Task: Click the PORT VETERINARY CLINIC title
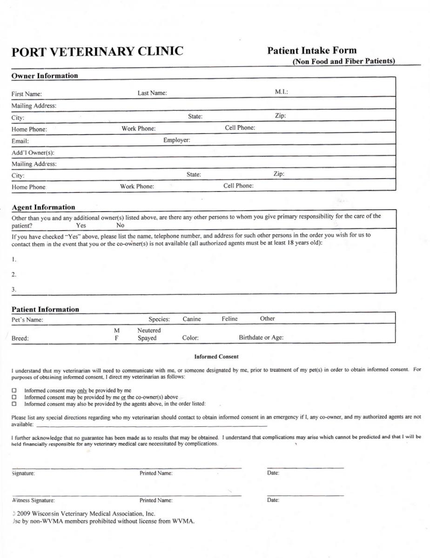pos(97,52)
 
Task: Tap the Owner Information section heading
pos(45,76)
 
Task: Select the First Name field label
pos(27,94)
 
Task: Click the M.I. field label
pos(282,93)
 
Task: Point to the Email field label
pos(20,141)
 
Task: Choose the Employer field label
pos(176,139)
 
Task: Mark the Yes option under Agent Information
pos(81,226)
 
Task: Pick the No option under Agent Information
pos(120,226)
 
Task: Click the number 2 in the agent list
pos(14,274)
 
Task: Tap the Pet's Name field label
pos(27,320)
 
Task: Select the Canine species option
pos(192,319)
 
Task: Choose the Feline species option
pos(229,319)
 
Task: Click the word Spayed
pos(147,338)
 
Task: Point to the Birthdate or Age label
pos(261,338)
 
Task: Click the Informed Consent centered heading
pos(216,357)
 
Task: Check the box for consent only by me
pos(14,391)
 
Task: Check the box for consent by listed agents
pos(14,404)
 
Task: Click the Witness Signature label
pos(33,500)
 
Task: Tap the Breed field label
pos(20,339)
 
